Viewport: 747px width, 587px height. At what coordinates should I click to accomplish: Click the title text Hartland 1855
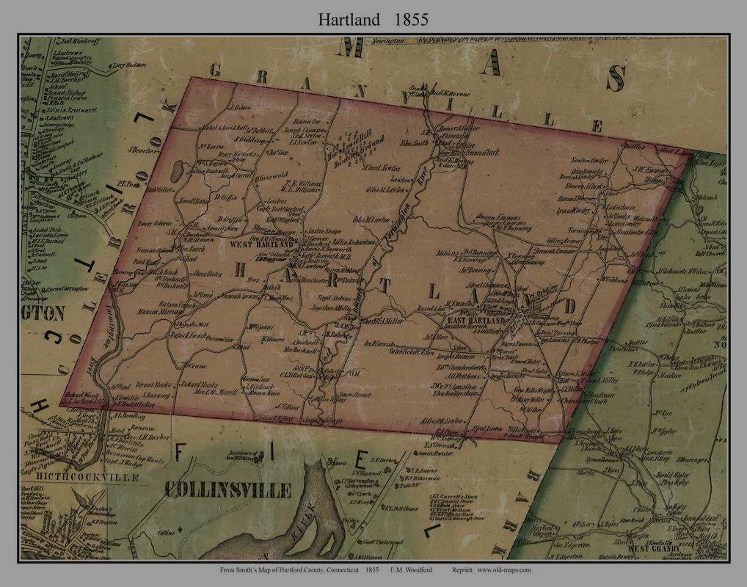pyautogui.click(x=373, y=20)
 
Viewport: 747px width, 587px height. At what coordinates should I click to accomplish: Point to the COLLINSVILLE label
pyautogui.click(x=227, y=489)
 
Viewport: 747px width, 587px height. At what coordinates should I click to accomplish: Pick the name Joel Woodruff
pyautogui.click(x=74, y=43)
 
